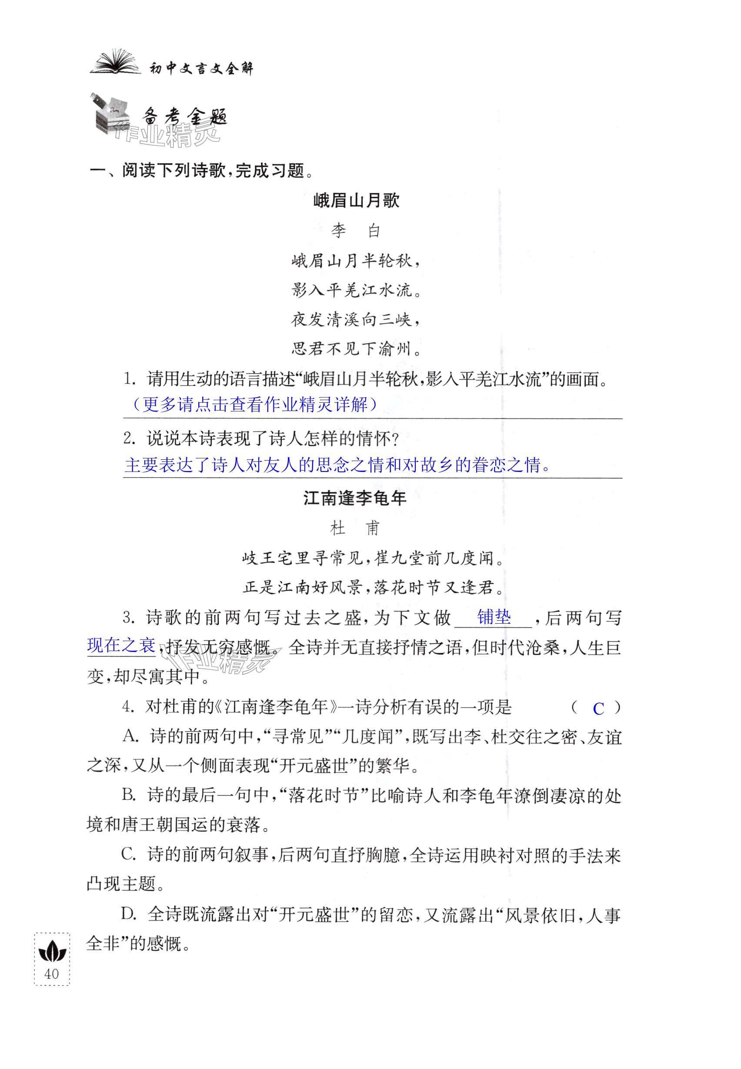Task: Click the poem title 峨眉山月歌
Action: coord(356,200)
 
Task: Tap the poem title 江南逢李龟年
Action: coord(355,498)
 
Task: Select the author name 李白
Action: coord(356,231)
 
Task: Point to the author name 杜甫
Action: coord(355,528)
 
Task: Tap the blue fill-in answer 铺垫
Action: coord(494,617)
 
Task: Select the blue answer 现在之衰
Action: coord(121,645)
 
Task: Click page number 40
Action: coord(52,973)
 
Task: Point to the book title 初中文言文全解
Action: coord(201,69)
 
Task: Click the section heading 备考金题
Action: coord(185,117)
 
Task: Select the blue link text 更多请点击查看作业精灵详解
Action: coord(254,404)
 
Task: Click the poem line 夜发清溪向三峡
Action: coord(356,320)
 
